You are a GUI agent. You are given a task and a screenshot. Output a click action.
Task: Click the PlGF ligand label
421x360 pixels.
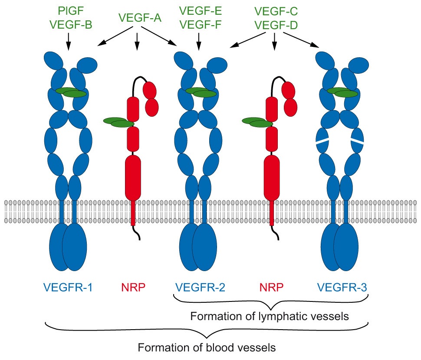click(68, 10)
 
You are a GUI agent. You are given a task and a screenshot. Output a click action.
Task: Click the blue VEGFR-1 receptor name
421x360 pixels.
click(68, 287)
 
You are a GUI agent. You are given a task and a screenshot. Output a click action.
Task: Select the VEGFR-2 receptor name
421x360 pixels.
click(200, 287)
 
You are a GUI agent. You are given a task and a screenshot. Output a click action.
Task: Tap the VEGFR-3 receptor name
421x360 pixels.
click(342, 287)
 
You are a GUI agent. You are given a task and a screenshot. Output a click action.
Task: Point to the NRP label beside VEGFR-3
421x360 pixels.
click(271, 287)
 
